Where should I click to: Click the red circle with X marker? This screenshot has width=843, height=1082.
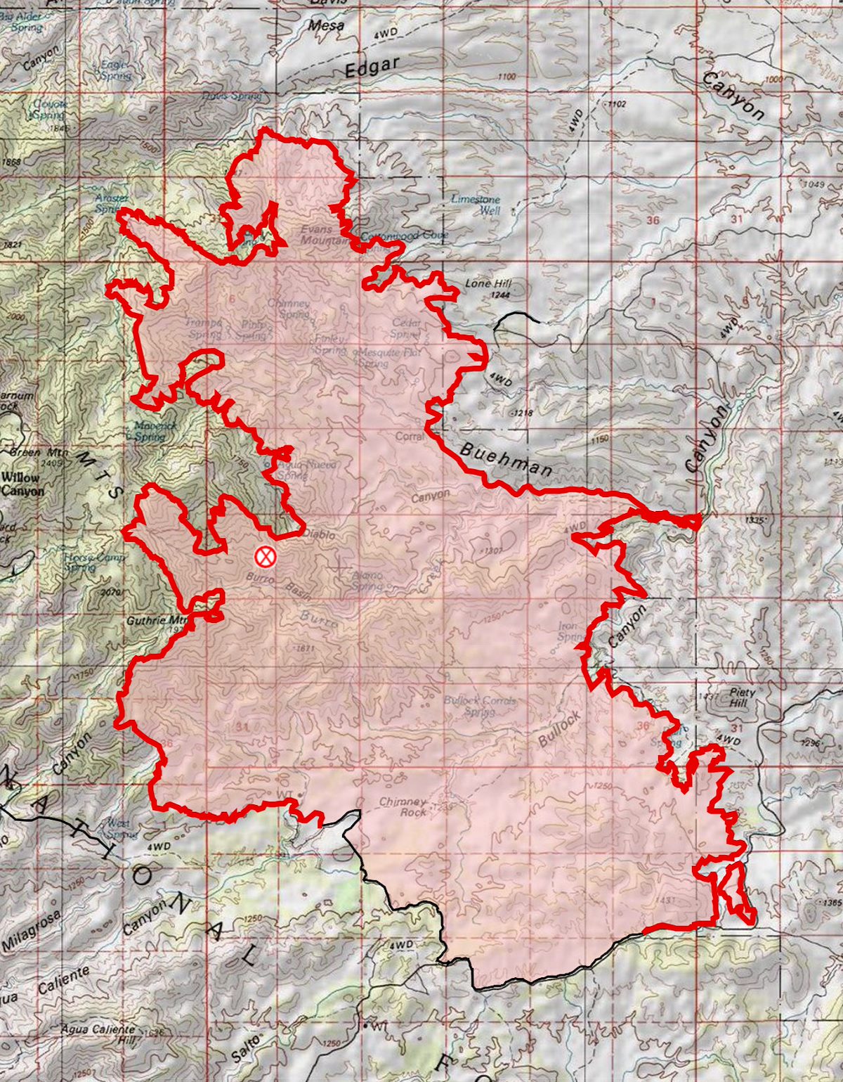point(265,557)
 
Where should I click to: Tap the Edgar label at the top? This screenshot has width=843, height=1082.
point(372,67)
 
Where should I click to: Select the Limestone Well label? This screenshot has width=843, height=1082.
point(476,205)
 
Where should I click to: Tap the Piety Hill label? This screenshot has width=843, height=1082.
point(742,697)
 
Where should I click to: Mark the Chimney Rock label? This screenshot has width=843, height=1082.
point(403,806)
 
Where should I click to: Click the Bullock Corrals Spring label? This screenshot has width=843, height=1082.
point(480,705)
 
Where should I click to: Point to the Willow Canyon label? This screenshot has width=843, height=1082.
point(21,484)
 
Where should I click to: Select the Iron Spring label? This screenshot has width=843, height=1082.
point(568,631)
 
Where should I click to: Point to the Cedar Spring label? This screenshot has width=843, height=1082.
point(406,328)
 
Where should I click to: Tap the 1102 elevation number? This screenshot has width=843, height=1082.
point(616,104)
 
